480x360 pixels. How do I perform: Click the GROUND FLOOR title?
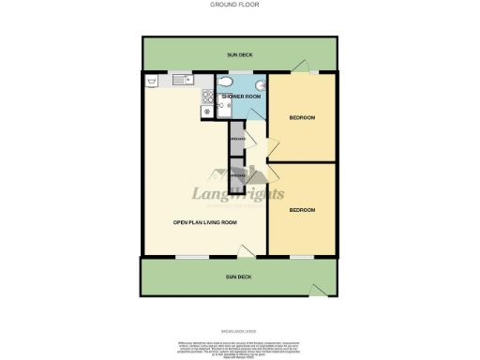(x=240, y=5)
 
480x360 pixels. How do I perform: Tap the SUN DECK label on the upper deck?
(x=240, y=55)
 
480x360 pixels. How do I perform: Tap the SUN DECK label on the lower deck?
(x=240, y=277)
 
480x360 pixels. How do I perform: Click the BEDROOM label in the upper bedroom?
(x=301, y=117)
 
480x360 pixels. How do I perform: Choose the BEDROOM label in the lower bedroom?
(x=301, y=209)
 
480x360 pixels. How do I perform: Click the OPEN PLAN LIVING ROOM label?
(x=204, y=222)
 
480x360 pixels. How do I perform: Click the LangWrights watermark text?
(x=240, y=194)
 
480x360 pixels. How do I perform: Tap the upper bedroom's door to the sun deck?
(x=301, y=67)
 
